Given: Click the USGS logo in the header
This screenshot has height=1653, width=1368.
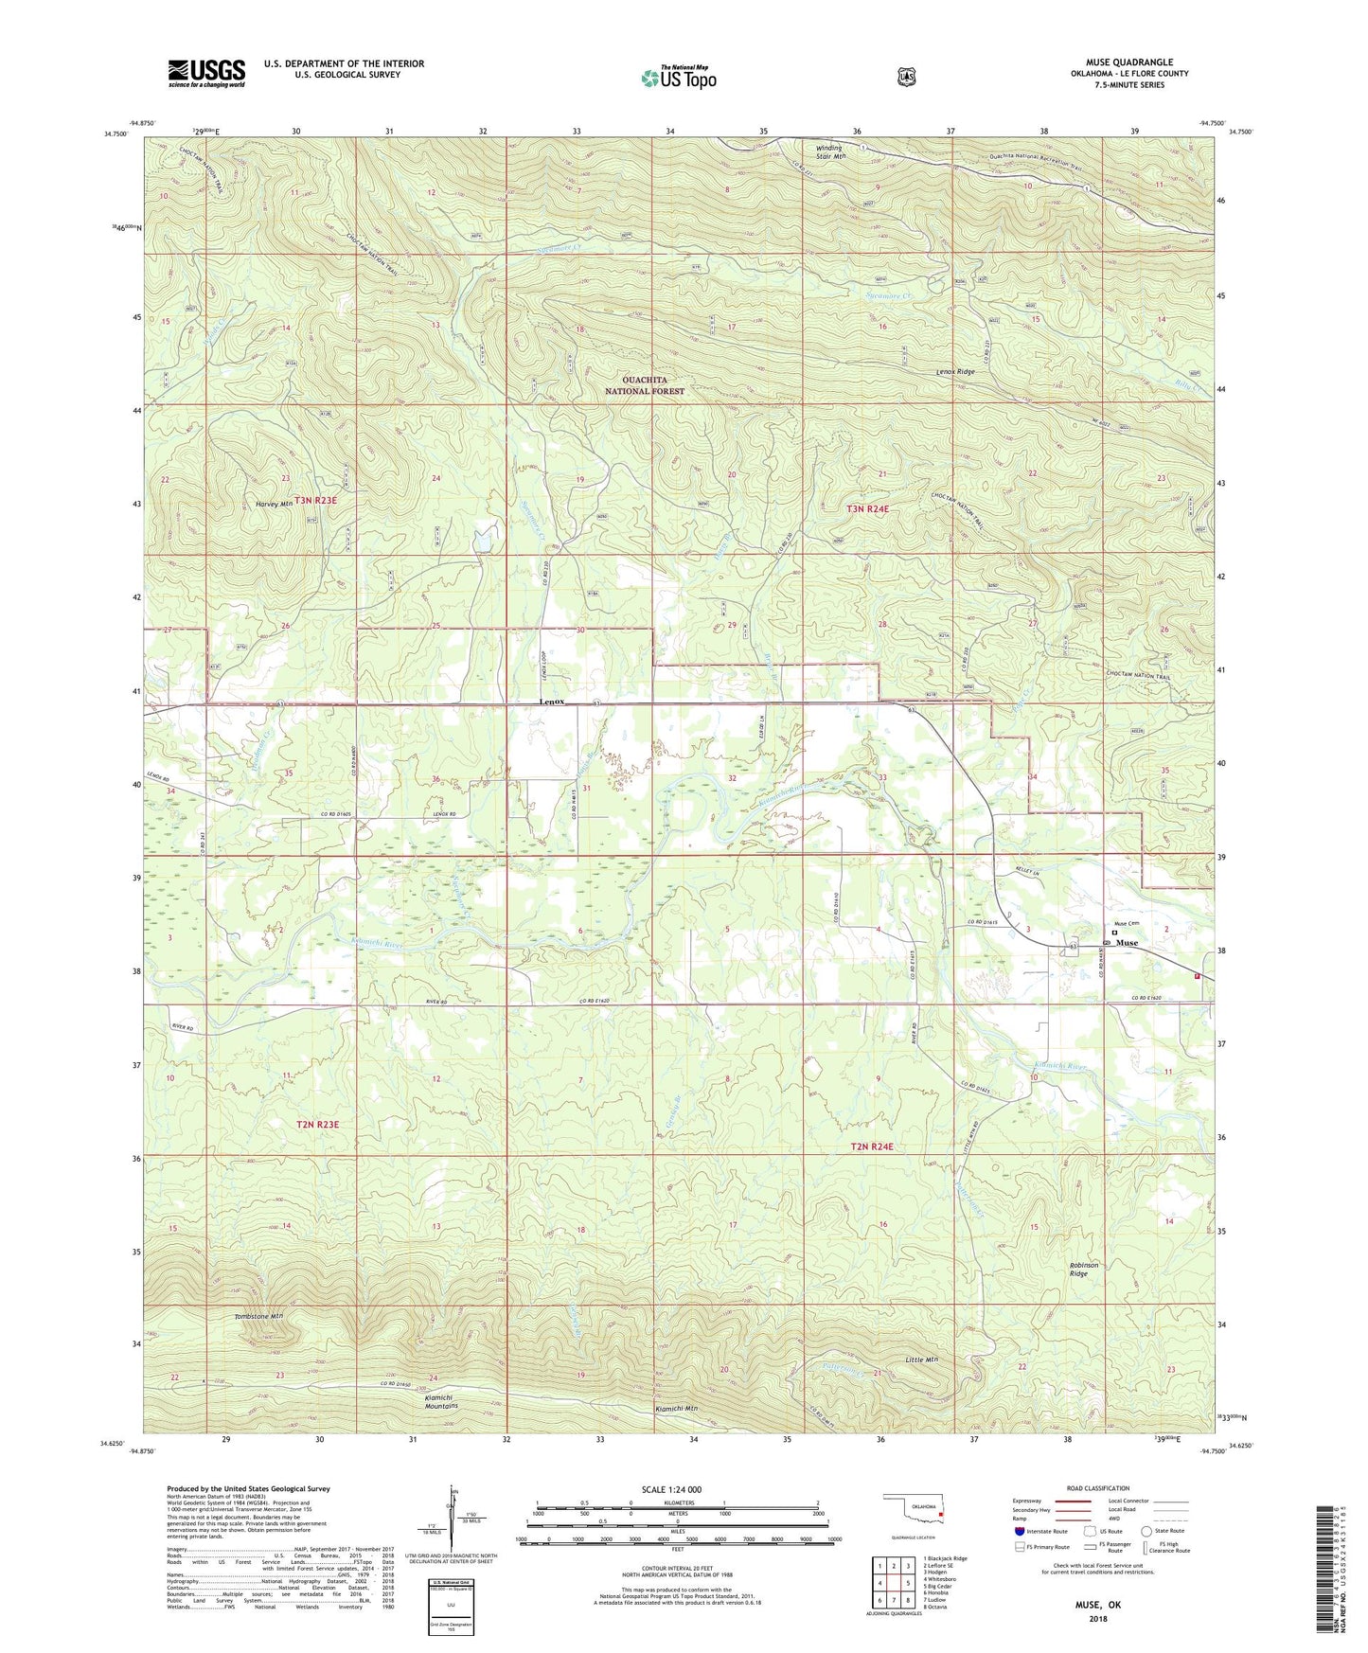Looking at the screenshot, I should [206, 73].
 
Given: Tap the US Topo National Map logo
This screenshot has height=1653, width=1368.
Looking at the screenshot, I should [678, 77].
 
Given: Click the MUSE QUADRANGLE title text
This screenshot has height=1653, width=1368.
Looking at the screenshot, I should [1128, 62].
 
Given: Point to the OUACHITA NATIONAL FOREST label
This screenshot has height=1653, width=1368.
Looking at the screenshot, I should [644, 385].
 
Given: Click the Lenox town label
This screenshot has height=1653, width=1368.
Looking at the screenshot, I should [552, 702].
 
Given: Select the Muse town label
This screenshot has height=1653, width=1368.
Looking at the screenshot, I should [1127, 943].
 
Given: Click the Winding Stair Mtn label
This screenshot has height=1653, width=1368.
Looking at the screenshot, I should [831, 151].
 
